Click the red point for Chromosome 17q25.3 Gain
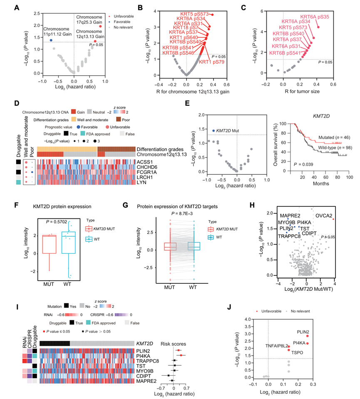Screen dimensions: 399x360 pyautogui.click(x=100, y=26)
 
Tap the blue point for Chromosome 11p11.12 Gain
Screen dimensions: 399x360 pyautogui.click(x=50, y=40)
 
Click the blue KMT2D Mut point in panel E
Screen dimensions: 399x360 pyautogui.click(x=214, y=131)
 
